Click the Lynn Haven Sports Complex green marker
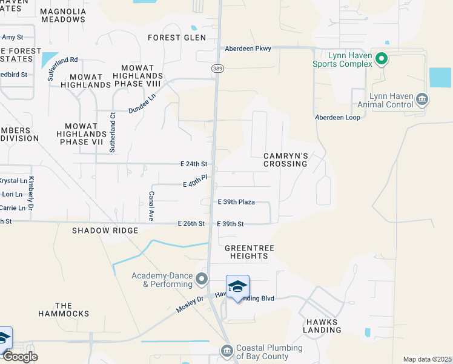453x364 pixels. [x=382, y=59]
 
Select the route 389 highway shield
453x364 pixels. [x=217, y=69]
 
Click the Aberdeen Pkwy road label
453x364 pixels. [x=248, y=49]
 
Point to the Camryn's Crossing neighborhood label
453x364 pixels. [x=286, y=160]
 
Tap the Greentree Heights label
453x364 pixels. [x=246, y=252]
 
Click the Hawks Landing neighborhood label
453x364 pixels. [x=323, y=326]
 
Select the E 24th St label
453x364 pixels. [x=194, y=164]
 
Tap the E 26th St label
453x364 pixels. [x=192, y=224]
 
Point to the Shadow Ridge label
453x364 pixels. [x=105, y=231]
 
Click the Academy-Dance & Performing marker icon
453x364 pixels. [x=202, y=280]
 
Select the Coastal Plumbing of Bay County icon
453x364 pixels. [x=227, y=351]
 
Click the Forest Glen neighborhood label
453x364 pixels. [x=177, y=38]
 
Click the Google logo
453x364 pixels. [x=20, y=357]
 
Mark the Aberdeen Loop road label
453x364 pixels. [x=337, y=117]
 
